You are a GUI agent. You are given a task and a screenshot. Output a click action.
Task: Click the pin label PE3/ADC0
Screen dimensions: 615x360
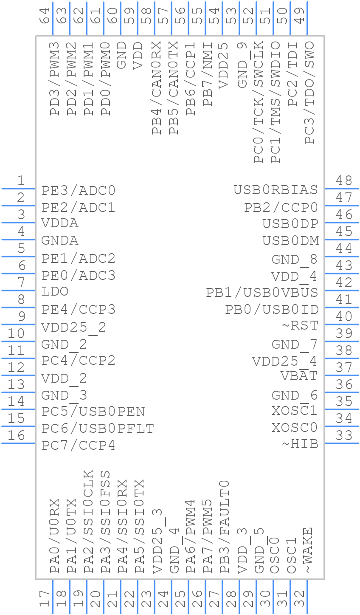[79, 190]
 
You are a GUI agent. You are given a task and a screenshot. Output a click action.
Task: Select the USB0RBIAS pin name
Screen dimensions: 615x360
[276, 189]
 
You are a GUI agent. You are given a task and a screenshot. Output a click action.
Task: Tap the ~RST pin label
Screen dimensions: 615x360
[300, 326]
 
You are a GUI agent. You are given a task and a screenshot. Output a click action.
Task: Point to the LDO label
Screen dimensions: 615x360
[55, 292]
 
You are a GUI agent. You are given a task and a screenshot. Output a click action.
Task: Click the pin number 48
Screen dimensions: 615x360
[344, 181]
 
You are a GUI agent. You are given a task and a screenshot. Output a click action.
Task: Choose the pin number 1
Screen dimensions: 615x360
[20, 181]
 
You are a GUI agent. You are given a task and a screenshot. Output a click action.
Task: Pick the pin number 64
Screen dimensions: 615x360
[45, 15]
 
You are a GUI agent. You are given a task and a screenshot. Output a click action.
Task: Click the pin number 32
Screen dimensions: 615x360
[299, 599]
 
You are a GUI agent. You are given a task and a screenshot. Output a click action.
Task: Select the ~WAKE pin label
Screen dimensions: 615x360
[309, 550]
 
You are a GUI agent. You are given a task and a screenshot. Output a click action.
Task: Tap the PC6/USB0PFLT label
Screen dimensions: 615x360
[98, 429]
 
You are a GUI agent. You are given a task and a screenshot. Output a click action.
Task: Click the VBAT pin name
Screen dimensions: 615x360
[299, 376]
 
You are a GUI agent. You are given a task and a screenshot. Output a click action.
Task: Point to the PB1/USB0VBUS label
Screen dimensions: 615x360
[262, 292]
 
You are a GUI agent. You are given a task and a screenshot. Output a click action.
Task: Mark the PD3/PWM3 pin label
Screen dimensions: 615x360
[54, 79]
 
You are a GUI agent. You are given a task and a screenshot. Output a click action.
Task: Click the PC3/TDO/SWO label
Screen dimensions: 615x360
[309, 93]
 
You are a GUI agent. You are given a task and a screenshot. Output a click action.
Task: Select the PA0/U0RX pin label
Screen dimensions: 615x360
[54, 536]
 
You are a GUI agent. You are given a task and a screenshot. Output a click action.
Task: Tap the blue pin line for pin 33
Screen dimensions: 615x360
[341, 443]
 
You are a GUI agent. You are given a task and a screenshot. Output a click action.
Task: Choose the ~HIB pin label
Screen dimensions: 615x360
[300, 444]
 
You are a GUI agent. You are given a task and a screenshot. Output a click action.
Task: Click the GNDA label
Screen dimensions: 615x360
[60, 241]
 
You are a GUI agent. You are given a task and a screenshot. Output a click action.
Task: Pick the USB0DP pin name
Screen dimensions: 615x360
[290, 223]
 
